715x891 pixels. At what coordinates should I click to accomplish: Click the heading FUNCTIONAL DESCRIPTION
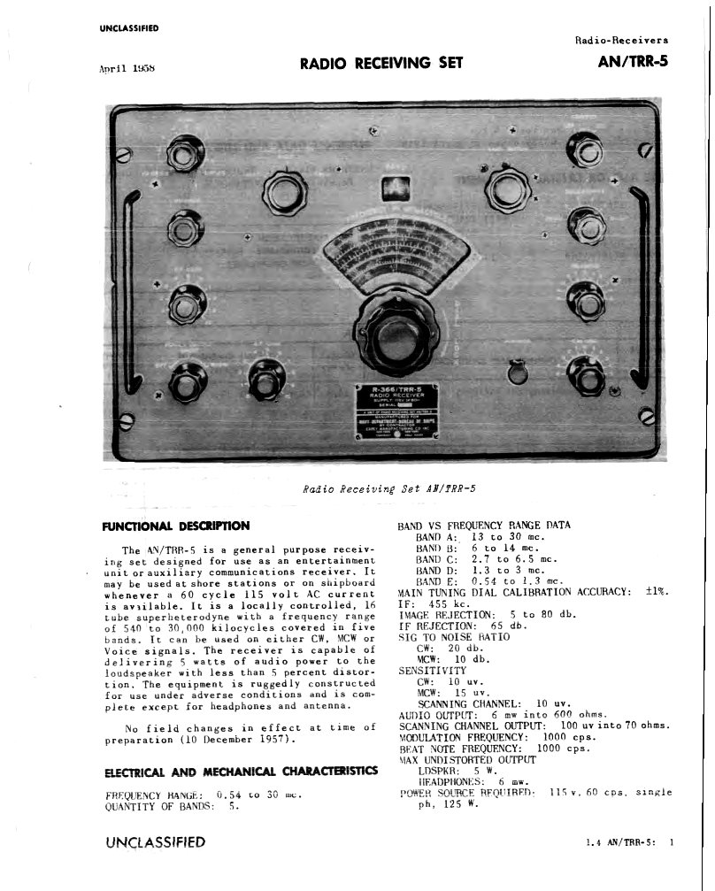[x=176, y=526]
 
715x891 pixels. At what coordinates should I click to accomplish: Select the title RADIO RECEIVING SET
[x=381, y=63]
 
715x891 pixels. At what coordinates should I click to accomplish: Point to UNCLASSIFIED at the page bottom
[x=155, y=842]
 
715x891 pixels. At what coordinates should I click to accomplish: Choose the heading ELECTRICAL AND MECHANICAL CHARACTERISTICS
[x=241, y=772]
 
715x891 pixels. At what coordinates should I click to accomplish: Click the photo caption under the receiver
[x=394, y=488]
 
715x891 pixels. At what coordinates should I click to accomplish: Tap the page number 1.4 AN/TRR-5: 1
[x=629, y=842]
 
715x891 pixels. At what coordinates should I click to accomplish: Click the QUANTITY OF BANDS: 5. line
[x=172, y=806]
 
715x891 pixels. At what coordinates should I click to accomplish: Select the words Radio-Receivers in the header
[x=622, y=40]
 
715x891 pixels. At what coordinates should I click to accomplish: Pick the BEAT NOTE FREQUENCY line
[x=494, y=748]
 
